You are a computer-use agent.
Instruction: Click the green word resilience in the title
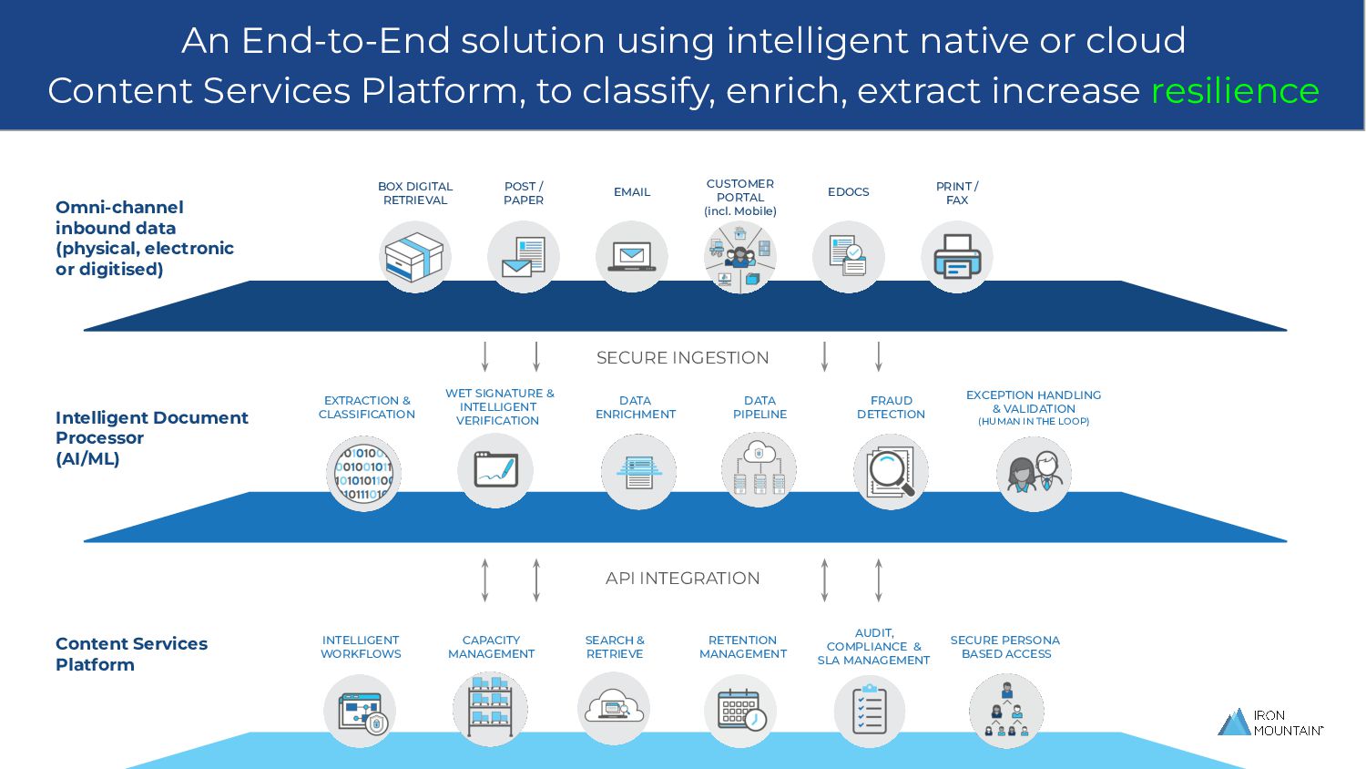[1235, 91]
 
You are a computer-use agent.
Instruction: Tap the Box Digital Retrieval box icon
[414, 257]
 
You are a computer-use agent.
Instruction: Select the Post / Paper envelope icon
[523, 257]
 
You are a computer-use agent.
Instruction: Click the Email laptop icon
[631, 257]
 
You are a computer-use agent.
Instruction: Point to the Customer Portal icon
[739, 257]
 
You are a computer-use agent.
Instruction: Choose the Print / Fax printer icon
[956, 257]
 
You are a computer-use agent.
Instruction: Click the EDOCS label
[848, 192]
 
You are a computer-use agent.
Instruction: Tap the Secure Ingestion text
[682, 358]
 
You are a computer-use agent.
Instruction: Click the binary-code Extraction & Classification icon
[363, 474]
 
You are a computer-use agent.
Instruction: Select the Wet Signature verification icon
[494, 470]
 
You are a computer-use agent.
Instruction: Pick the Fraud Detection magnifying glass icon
[891, 472]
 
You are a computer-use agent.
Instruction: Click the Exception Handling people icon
[1034, 474]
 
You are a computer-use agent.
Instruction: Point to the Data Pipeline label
[759, 407]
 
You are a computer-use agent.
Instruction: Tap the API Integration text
[682, 579]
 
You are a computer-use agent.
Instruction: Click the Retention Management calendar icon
[740, 711]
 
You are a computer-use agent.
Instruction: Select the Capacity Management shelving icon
[490, 709]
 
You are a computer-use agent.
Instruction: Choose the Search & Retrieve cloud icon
[614, 708]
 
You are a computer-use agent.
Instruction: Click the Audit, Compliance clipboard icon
[870, 711]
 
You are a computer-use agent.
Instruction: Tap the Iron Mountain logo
[1269, 723]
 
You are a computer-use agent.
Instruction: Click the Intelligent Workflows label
[361, 647]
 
